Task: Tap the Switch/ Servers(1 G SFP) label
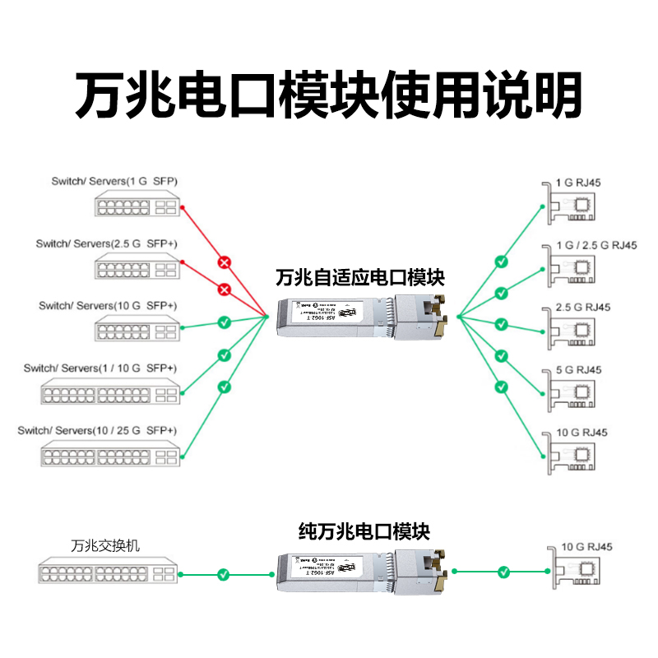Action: (114, 181)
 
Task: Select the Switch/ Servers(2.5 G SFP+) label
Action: (106, 243)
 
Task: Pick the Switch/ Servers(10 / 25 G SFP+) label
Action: (97, 430)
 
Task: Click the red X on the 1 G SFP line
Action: (224, 262)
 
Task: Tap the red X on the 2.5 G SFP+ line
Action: (224, 289)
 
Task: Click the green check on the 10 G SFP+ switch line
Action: (224, 322)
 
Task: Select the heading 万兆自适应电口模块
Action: (360, 277)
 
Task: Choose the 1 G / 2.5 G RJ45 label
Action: (595, 245)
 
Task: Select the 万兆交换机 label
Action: (106, 545)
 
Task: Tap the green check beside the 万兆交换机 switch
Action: (223, 573)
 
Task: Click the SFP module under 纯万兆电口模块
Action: (362, 572)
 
